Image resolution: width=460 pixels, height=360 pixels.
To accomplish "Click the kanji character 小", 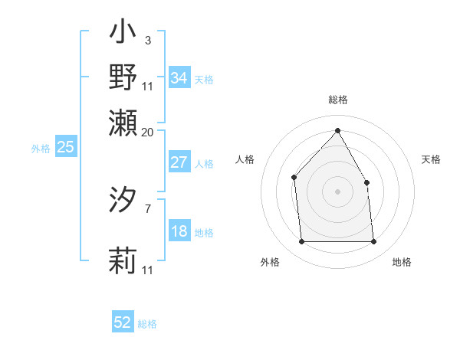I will pyautogui.click(x=123, y=34).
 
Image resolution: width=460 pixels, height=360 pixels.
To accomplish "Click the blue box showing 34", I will pyautogui.click(x=179, y=78).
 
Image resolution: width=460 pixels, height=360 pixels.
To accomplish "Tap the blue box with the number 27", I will pyautogui.click(x=179, y=162).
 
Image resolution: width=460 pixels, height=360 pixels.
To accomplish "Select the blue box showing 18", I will pyautogui.click(x=179, y=231).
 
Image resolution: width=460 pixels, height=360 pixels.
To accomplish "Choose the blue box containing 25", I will pyautogui.click(x=65, y=147).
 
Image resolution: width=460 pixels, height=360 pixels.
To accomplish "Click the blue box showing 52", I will pyautogui.click(x=123, y=322).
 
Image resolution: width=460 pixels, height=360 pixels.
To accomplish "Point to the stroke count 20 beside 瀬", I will pyautogui.click(x=147, y=132).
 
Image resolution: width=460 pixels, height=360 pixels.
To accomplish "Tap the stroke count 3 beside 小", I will pyautogui.click(x=147, y=40).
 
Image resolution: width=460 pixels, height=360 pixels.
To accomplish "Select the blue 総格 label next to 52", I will pyautogui.click(x=147, y=324).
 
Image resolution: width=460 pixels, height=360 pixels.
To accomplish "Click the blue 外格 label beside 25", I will pyautogui.click(x=41, y=149).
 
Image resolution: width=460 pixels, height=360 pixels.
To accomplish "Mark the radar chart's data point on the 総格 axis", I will pyautogui.click(x=337, y=130).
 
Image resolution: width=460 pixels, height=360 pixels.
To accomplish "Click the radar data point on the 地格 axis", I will pyautogui.click(x=373, y=242).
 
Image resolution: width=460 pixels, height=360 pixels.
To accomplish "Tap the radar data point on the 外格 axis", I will pyautogui.click(x=301, y=242).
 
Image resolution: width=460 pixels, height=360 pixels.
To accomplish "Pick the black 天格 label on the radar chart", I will pyautogui.click(x=431, y=159).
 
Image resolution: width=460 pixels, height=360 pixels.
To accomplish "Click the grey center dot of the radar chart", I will pyautogui.click(x=337, y=191).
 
